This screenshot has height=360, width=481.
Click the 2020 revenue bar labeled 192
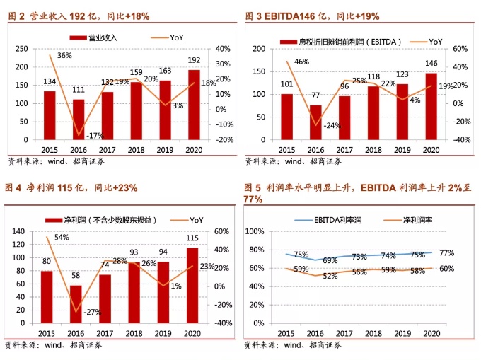tap(194, 105)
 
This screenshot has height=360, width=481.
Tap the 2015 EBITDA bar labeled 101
tap(286, 117)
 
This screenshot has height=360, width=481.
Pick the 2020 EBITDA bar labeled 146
tap(431, 106)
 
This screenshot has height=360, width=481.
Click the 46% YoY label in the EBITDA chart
tap(301, 62)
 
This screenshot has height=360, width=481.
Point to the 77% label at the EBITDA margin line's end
tap(446, 253)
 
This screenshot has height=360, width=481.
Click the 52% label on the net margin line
tap(330, 277)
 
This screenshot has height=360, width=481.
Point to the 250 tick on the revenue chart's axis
tap(23, 49)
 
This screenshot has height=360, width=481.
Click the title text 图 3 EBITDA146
tap(289, 16)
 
